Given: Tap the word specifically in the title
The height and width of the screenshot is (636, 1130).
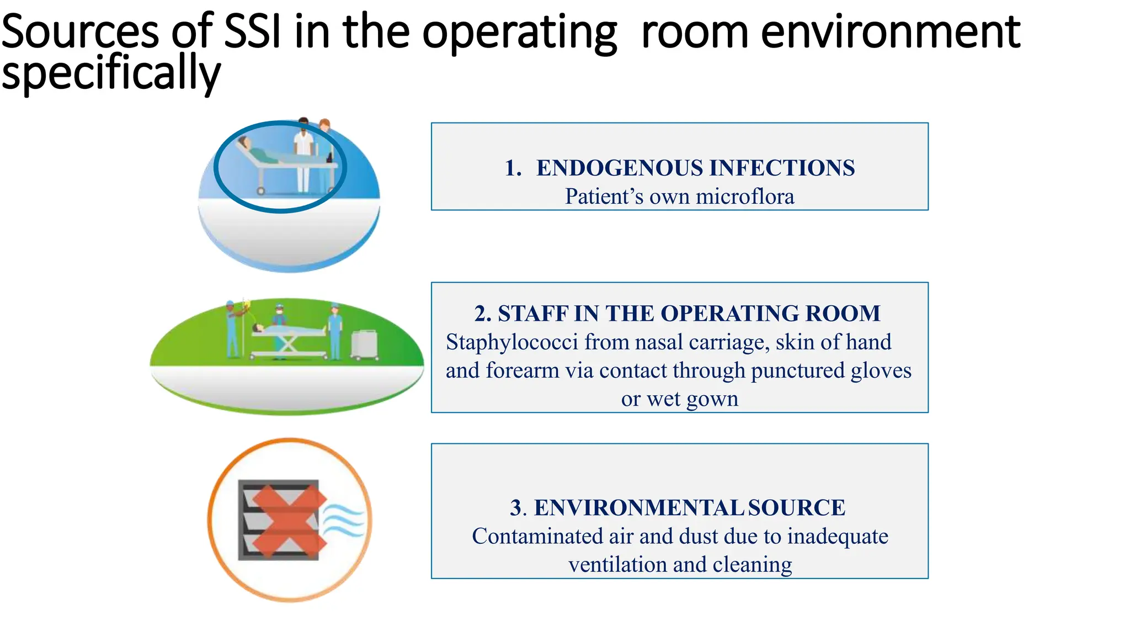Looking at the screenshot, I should pos(110,73).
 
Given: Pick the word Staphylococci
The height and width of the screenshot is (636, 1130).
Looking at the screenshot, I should pos(512,342).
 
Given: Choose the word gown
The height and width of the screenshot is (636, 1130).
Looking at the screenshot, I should pos(712,399).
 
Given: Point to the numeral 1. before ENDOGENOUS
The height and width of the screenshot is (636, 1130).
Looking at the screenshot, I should pos(513,168).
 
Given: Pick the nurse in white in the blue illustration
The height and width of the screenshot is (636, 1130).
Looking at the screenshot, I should pos(303,155).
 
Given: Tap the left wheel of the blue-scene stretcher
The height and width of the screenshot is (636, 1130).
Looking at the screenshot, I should pos(261,191).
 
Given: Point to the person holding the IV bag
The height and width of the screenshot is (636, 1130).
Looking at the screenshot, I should pos(232,328).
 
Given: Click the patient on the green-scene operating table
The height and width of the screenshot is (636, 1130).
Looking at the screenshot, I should pos(287,330).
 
